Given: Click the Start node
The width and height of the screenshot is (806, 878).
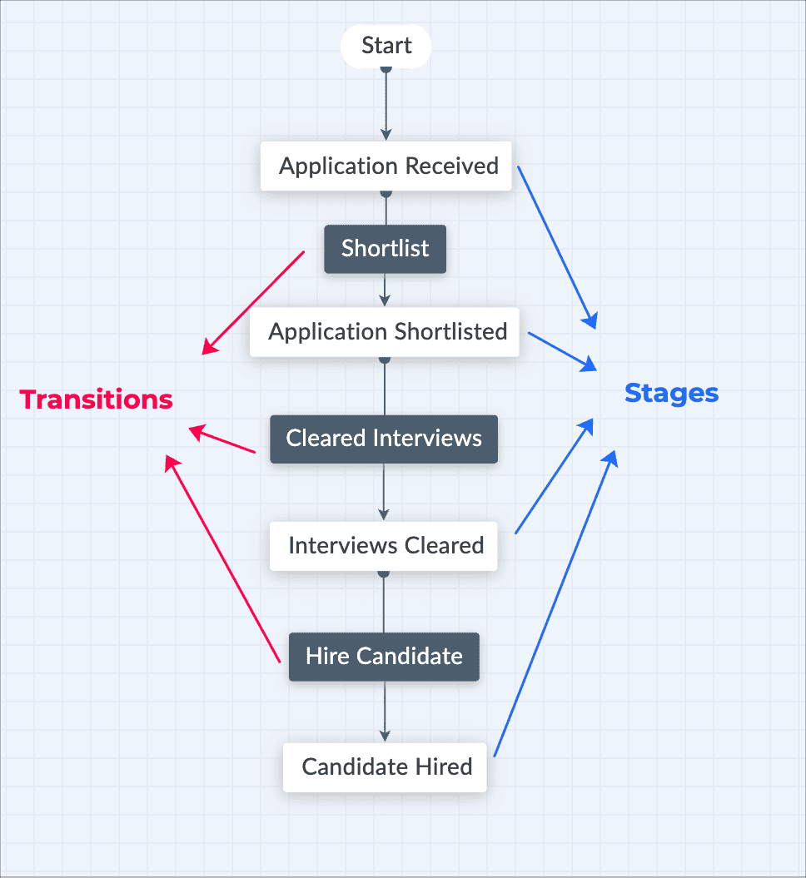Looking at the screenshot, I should (386, 46).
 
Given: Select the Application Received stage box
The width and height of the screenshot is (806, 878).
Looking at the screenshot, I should (386, 166).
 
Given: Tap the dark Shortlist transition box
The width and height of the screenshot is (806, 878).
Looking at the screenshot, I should (385, 249).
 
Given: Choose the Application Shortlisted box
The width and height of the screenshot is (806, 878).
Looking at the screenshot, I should (385, 332).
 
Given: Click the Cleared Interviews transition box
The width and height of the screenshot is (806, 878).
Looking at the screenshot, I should (384, 439).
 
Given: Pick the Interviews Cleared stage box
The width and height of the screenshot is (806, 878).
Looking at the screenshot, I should (384, 546).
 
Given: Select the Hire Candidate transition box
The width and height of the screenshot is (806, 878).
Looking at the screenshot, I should (384, 657).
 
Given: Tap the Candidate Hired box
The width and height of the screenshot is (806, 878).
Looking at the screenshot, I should (385, 766).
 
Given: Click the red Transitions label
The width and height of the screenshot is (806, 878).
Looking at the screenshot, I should (97, 399).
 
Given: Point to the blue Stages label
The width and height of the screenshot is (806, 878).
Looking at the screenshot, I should (671, 393).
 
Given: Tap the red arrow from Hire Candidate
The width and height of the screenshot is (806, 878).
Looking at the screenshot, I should (222, 558).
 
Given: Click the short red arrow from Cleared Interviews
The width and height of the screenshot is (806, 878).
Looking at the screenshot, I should (222, 440).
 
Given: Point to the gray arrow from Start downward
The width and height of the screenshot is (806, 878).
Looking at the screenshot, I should (386, 104).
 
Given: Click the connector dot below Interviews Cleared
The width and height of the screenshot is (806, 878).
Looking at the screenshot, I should (384, 573).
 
